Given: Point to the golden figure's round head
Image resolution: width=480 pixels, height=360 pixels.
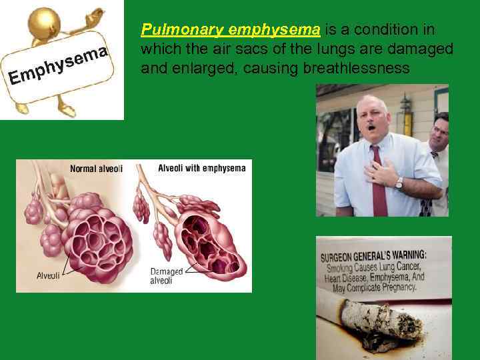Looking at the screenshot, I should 45,23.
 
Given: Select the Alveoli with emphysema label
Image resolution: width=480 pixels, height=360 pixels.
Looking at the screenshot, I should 201,168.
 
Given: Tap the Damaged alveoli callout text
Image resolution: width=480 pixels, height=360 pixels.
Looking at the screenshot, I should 166,276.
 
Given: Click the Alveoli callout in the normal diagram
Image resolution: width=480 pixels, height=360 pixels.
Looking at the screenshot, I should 48,275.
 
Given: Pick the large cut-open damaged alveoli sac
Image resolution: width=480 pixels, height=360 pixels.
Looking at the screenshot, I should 209,244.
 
